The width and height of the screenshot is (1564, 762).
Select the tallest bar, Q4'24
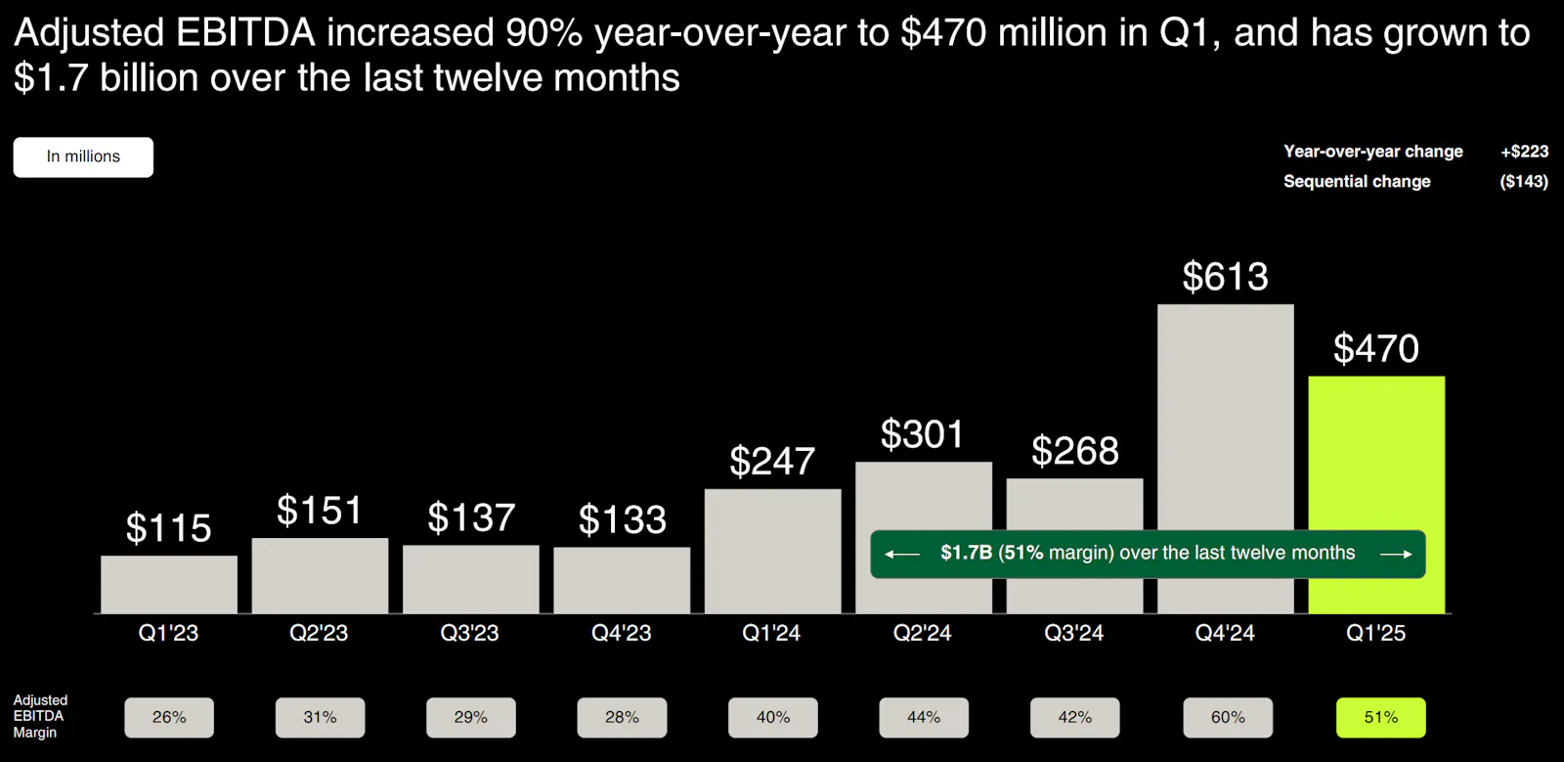(x=1225, y=421)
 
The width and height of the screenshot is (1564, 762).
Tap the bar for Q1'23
(x=168, y=585)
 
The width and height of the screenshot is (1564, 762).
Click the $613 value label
(x=1225, y=277)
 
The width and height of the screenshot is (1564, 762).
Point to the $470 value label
(x=1376, y=349)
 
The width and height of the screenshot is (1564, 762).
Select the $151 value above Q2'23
(x=320, y=511)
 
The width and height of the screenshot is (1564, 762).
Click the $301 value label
(x=923, y=434)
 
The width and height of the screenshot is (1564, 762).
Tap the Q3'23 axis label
(x=470, y=633)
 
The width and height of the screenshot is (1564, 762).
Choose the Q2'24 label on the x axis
(x=923, y=633)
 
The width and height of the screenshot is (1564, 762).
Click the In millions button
(x=83, y=157)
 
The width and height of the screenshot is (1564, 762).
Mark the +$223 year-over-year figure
(x=1524, y=152)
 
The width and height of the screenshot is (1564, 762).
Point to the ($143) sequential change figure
(x=1524, y=182)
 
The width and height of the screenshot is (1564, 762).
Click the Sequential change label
(x=1357, y=182)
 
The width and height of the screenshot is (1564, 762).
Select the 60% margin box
(x=1228, y=718)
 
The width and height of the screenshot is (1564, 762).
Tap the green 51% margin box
(x=1380, y=718)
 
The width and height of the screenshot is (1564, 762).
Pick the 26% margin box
(x=169, y=718)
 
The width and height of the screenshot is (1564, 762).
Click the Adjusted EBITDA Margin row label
(x=40, y=716)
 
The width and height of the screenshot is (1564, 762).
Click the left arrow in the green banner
(x=901, y=555)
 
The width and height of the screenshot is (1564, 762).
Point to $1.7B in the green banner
(x=966, y=553)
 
